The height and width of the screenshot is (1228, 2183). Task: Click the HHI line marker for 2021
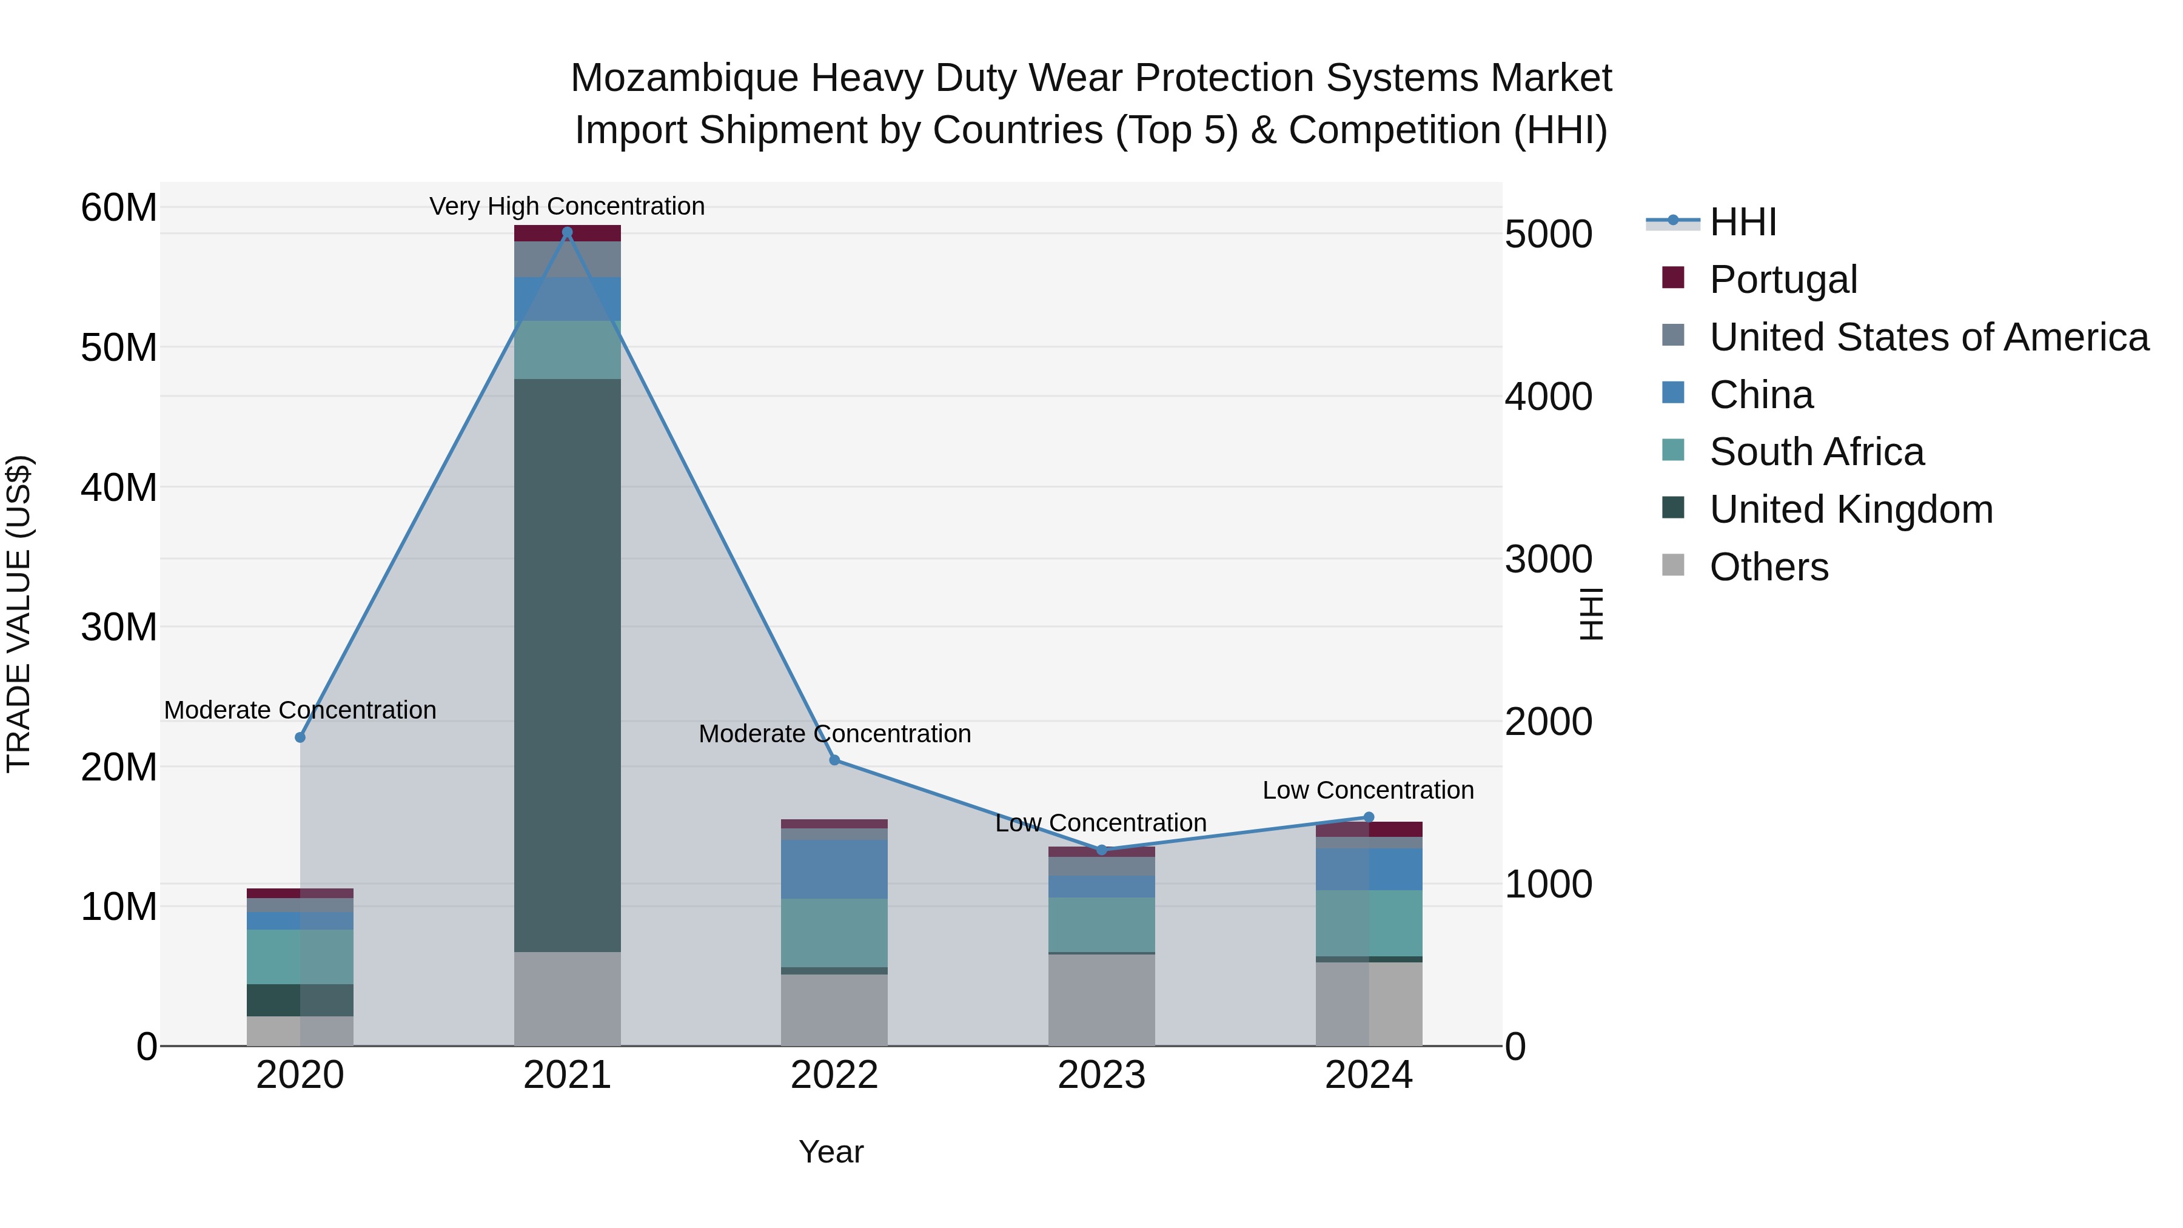pyautogui.click(x=567, y=232)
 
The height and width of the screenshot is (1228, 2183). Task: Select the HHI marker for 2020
pyautogui.click(x=300, y=737)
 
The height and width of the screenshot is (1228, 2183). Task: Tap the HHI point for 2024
pyautogui.click(x=1368, y=817)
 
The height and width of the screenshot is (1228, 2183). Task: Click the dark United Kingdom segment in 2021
pyautogui.click(x=567, y=665)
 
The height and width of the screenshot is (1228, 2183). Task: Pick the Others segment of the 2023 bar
pyautogui.click(x=1101, y=1000)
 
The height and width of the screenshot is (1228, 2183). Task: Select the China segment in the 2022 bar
pyautogui.click(x=834, y=868)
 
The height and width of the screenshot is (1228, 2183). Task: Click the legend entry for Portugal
pyautogui.click(x=1783, y=280)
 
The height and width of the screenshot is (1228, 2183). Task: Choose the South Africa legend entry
pyautogui.click(x=1816, y=452)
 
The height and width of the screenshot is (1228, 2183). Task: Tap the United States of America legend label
pyautogui.click(x=1929, y=337)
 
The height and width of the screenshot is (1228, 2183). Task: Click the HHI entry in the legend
pyautogui.click(x=1742, y=222)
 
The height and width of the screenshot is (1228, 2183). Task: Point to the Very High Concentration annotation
pyautogui.click(x=567, y=206)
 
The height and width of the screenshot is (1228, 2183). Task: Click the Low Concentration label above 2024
pyautogui.click(x=1368, y=790)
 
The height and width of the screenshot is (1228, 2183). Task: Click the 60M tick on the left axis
pyautogui.click(x=119, y=207)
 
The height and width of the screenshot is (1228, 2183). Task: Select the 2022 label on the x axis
pyautogui.click(x=834, y=1075)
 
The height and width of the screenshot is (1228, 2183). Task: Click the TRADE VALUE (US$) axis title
pyautogui.click(x=19, y=614)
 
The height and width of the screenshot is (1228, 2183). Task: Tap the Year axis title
pyautogui.click(x=831, y=1152)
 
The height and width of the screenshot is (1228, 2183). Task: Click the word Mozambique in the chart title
pyautogui.click(x=684, y=78)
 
